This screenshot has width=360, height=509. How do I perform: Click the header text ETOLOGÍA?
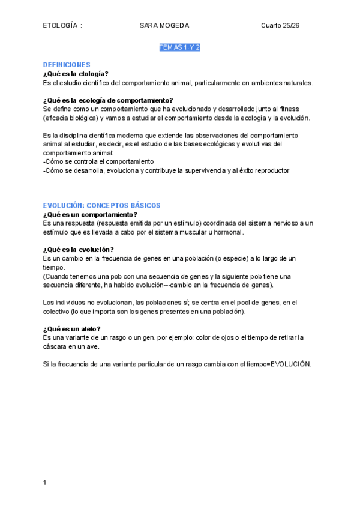tap(61, 25)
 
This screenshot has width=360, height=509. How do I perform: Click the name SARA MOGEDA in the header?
tap(164, 25)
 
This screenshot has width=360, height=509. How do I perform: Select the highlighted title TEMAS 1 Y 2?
tap(179, 47)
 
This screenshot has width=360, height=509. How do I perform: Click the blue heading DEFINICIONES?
tap(67, 65)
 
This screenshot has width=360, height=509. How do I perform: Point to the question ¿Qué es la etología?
tap(76, 74)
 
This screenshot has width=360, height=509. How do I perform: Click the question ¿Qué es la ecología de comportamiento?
tap(108, 100)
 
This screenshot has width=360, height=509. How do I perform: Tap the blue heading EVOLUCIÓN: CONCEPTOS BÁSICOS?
tap(101, 205)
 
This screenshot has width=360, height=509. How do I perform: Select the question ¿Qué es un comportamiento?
tap(90, 214)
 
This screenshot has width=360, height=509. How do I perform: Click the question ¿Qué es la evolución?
tap(79, 250)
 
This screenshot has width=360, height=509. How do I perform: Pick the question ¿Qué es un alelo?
tap(71, 329)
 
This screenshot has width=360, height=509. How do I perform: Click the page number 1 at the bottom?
tap(45, 482)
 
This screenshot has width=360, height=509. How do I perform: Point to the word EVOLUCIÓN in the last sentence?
tap(291, 364)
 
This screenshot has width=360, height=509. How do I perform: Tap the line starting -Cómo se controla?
tap(98, 162)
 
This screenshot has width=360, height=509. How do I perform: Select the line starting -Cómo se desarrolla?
tap(166, 170)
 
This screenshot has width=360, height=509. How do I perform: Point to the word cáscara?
tap(55, 346)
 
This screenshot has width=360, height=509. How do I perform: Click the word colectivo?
tap(56, 312)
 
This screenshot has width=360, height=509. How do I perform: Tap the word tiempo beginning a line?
tap(53, 267)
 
